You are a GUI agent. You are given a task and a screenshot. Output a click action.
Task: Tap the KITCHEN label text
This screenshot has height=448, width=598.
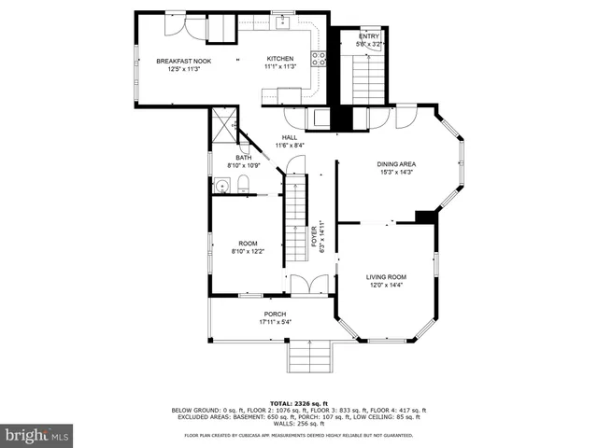coord(279,58)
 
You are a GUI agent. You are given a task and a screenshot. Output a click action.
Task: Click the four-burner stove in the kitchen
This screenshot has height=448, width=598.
coord(319,58)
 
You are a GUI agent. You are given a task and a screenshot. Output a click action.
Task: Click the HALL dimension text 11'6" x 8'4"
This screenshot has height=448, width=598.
coord(290,146)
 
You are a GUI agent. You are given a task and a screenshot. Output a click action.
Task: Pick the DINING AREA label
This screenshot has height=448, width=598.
coord(396,163)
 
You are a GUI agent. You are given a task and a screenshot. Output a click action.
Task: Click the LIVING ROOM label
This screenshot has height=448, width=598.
coord(385,276)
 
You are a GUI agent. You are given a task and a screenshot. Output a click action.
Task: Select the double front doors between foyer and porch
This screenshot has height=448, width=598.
coord(309,285)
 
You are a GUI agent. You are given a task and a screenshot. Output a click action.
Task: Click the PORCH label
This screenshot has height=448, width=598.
coord(275,314)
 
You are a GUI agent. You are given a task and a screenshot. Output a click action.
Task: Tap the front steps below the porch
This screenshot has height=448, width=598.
coord(308,356)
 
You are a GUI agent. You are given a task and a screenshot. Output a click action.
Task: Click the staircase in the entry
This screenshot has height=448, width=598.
coord(367,78)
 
